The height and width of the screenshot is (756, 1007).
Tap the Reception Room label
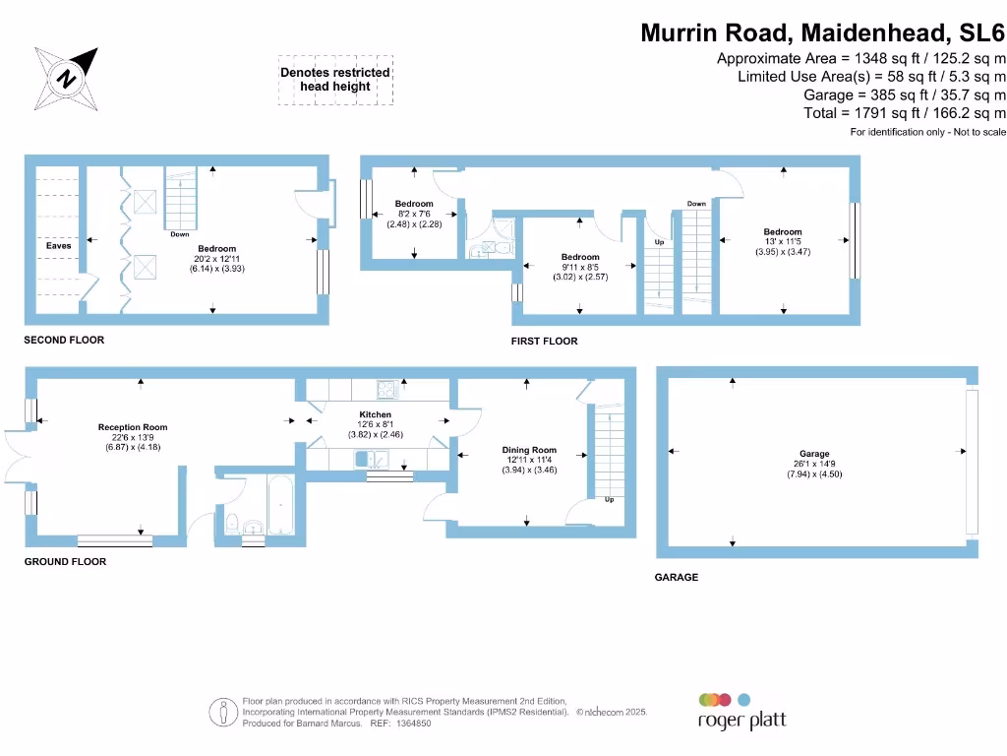point(133,427)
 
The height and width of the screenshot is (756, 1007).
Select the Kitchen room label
point(376,415)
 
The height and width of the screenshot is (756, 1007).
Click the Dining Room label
point(529,451)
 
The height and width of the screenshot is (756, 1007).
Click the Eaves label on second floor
point(58,245)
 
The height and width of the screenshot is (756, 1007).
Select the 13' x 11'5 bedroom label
point(783,232)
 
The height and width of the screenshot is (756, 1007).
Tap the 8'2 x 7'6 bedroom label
point(414,205)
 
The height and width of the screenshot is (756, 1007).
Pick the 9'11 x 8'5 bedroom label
point(580,258)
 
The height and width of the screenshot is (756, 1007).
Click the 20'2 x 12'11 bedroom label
point(216,249)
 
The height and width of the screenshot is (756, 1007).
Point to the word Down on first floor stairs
point(696,204)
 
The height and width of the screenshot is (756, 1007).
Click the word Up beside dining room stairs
point(609,500)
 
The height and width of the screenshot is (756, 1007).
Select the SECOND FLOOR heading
point(64,341)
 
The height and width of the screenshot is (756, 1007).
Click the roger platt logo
point(741,711)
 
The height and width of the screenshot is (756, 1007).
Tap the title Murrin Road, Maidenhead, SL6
point(823,32)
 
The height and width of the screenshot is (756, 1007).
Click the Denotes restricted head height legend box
point(335,80)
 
